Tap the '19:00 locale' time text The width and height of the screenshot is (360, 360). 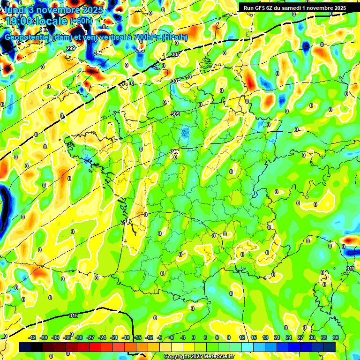(37, 21)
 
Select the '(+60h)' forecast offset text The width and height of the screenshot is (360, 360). (81, 21)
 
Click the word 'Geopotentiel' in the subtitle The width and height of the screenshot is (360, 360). (28, 37)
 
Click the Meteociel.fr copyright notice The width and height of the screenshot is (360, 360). (199, 356)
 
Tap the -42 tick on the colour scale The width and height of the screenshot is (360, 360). (32, 337)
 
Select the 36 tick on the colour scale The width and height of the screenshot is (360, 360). (335, 337)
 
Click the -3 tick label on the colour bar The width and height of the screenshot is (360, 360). (182, 337)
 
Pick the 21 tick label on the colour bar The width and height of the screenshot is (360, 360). (277, 337)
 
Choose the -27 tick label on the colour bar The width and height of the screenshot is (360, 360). (90, 337)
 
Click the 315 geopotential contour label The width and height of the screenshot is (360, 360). (73, 315)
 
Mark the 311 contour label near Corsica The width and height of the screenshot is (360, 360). (350, 269)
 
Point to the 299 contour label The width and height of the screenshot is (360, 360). (70, 48)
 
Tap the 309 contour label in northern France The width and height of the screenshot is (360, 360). (175, 114)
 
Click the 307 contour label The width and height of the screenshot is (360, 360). (175, 81)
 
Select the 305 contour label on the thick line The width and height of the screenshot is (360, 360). (175, 55)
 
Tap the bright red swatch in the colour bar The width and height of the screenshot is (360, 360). (95, 347)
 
